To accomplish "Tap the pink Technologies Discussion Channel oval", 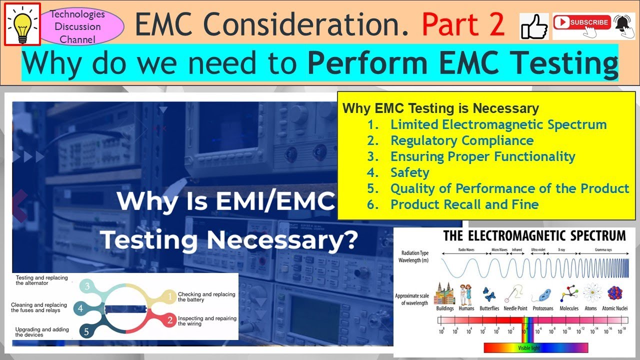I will click(78, 26).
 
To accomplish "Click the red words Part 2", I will click(463, 24).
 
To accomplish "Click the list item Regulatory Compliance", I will click(461, 140).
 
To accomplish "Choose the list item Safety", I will click(409, 172).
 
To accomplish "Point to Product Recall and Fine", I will click(464, 204).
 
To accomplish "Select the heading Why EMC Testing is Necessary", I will click(440, 108).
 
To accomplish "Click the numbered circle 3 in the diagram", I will click(87, 286).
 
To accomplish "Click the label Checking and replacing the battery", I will click(206, 297).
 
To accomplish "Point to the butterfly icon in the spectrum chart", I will click(489, 294).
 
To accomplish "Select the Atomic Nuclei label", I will click(614, 308).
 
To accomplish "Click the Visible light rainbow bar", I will click(535, 347).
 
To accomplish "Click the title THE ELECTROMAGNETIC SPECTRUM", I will click(534, 235).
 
